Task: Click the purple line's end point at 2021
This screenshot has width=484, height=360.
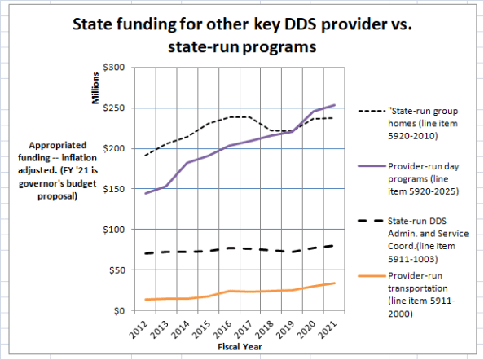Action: point(334,105)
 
